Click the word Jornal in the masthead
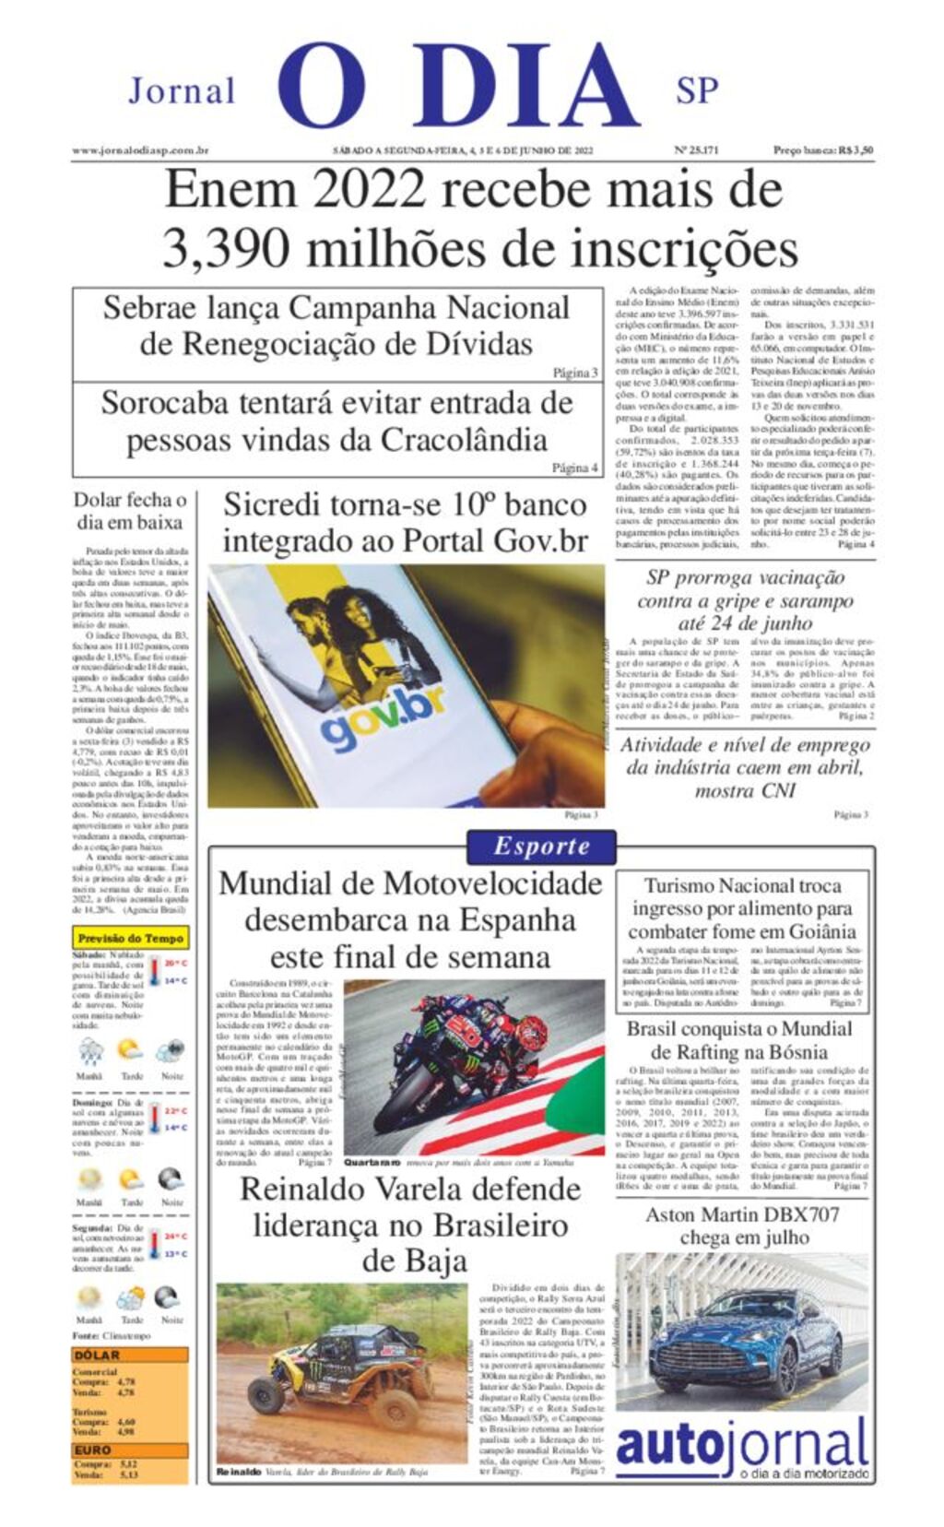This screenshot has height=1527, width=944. coord(182,91)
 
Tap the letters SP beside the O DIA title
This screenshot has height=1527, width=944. coord(696,90)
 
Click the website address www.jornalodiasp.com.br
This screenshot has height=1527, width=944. coord(140,150)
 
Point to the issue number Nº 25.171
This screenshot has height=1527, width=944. coord(696,150)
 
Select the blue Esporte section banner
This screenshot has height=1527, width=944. coord(541,846)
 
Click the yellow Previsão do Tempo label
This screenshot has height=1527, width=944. coord(130,938)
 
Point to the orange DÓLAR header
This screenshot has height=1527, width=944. coord(98,1355)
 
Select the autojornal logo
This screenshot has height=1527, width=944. coord(742,1447)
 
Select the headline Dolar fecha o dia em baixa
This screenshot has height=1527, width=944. coord(130,511)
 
